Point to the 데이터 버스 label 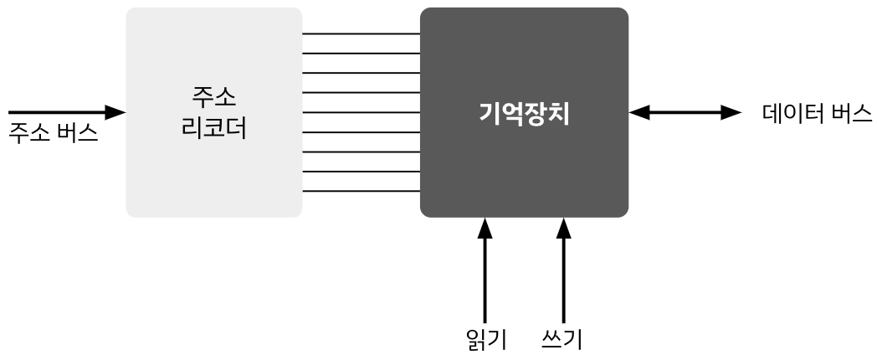[817, 113]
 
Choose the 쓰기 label [562, 339]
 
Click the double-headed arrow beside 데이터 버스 [685, 112]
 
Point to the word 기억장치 [524, 113]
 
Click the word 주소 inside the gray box [213, 97]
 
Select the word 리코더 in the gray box [213, 130]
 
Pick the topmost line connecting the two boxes [361, 33]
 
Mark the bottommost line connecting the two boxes [361, 191]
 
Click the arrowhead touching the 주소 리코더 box [115, 112]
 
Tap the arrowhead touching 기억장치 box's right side [639, 112]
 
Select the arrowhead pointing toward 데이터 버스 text [731, 112]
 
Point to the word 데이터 [792, 113]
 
